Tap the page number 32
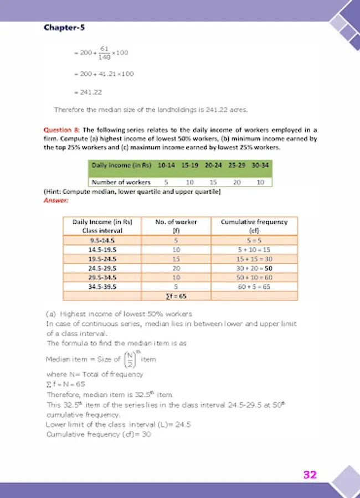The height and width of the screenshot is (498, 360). [x=310, y=474]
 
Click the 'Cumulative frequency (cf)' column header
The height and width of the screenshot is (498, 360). [x=254, y=225]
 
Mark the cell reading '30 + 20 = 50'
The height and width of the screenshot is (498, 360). [x=254, y=269]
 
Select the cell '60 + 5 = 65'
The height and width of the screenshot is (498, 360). [x=254, y=287]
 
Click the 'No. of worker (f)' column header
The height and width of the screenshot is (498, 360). [x=176, y=225]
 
